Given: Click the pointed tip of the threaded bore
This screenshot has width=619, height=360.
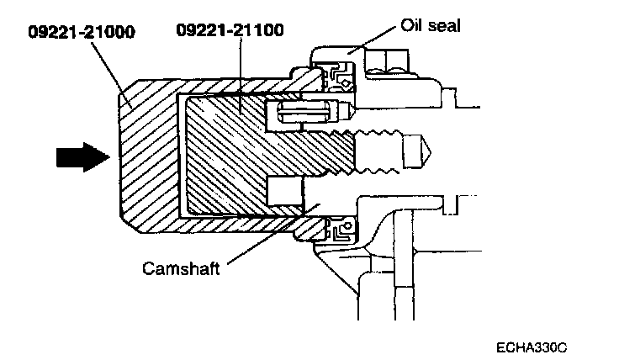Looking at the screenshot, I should [427, 155].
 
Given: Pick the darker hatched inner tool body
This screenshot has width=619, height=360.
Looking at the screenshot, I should [235, 156].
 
